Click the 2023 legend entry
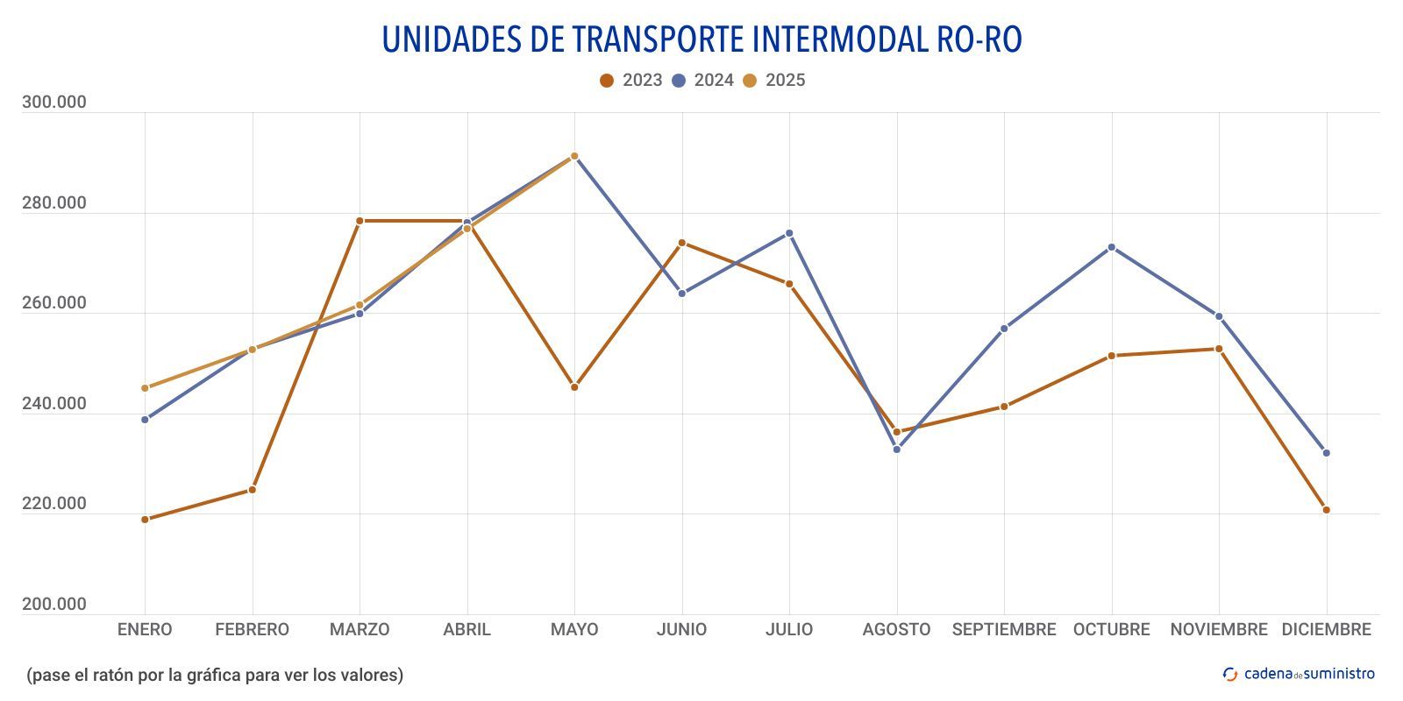(x=631, y=81)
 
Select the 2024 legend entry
(x=702, y=81)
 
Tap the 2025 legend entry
(x=773, y=81)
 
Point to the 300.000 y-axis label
(x=54, y=103)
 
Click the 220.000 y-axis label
(x=54, y=504)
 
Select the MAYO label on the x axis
(x=574, y=629)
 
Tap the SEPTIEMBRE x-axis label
(x=1004, y=629)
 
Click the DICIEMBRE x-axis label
(x=1326, y=629)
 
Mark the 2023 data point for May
(x=574, y=387)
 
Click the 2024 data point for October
(x=1112, y=247)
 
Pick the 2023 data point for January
(x=145, y=520)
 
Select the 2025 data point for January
(x=145, y=388)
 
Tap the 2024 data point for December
(x=1326, y=453)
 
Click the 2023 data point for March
(x=360, y=221)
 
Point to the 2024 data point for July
(x=789, y=233)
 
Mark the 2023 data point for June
(x=682, y=243)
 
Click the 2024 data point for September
(x=1004, y=329)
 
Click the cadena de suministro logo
(x=1300, y=674)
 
